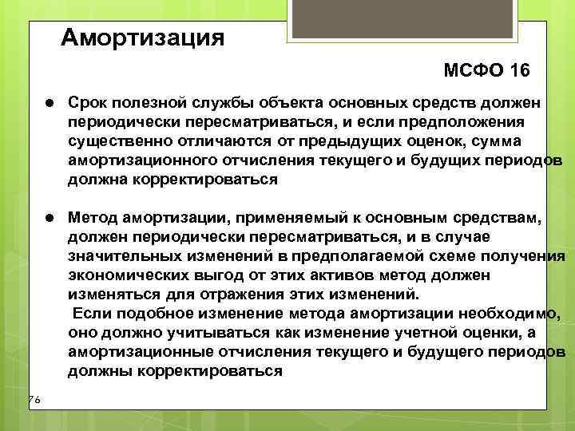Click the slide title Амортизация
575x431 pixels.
click(143, 37)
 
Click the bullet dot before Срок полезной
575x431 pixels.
click(50, 105)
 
